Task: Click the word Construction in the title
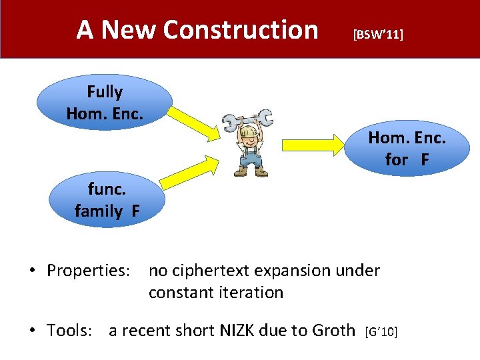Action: (x=240, y=29)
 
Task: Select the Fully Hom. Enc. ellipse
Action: (x=105, y=102)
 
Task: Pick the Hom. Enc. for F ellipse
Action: (x=407, y=147)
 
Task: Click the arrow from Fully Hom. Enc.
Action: (x=191, y=124)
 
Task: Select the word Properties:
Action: (x=88, y=271)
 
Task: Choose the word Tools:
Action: (x=69, y=329)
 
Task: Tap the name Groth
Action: (x=333, y=329)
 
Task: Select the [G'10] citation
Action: (x=381, y=331)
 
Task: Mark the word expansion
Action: (x=305, y=271)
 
